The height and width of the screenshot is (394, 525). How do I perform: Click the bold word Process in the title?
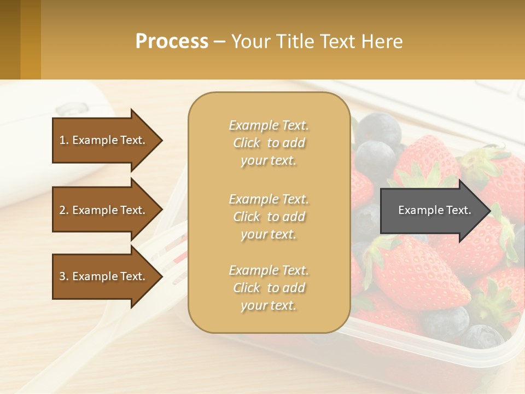coord(172,41)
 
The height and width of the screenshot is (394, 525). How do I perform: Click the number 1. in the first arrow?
coord(64,140)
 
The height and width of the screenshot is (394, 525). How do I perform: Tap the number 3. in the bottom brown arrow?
coord(64,276)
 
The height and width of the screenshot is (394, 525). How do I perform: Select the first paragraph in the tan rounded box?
coord(269,143)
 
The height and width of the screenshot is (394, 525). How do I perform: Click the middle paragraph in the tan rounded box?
coord(269,217)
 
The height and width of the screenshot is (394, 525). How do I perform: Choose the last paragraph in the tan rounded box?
coord(269,288)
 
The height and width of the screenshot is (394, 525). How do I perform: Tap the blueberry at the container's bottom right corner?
coord(481,335)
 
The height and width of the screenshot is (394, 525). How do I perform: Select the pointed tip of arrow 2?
coord(161,210)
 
